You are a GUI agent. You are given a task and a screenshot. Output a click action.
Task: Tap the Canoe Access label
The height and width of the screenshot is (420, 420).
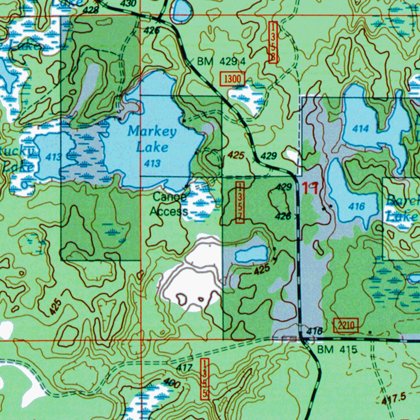(169, 204)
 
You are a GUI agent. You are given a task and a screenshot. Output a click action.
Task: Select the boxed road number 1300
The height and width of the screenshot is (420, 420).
(233, 79)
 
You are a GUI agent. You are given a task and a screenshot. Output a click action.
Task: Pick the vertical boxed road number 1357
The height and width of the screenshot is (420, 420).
(240, 203)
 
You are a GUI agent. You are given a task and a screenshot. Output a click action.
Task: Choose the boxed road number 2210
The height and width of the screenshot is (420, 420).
(346, 326)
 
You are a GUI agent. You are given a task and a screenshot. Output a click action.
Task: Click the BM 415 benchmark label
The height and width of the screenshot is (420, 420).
(338, 350)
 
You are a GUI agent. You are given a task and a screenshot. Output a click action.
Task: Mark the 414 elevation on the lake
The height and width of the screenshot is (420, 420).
(361, 129)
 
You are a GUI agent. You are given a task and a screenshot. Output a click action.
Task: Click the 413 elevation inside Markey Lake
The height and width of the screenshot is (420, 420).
(152, 164)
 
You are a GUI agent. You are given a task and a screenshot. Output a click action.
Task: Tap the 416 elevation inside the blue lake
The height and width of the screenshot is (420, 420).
(357, 206)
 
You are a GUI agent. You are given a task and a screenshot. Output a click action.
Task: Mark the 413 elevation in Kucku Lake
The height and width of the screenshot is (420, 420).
(54, 156)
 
